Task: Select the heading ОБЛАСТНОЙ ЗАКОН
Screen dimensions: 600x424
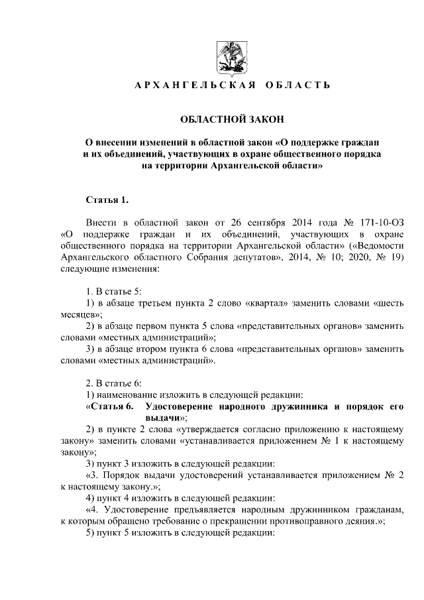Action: click(x=231, y=119)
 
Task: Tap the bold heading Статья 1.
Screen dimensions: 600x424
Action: click(x=107, y=199)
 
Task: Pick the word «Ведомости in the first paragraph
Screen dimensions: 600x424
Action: click(x=374, y=246)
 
